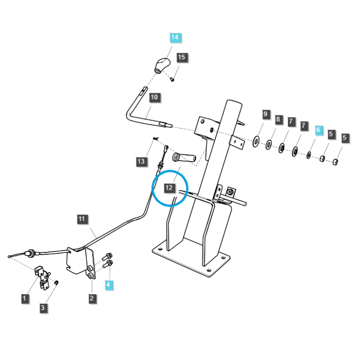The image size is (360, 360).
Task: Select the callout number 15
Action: click(181, 58)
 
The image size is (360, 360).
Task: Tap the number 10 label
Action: click(154, 97)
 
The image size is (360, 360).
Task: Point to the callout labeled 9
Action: click(265, 114)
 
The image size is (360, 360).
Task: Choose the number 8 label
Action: click(278, 120)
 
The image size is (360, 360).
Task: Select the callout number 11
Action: click(81, 220)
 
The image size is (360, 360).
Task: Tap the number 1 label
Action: click(25, 297)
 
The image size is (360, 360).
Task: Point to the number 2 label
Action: click(91, 298)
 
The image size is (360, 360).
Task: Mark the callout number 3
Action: click(43, 308)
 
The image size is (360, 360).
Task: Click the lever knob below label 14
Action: click(161, 65)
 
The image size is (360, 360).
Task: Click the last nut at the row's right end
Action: click(335, 162)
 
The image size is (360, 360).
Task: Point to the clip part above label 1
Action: click(43, 275)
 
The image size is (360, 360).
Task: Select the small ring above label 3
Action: click(56, 283)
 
